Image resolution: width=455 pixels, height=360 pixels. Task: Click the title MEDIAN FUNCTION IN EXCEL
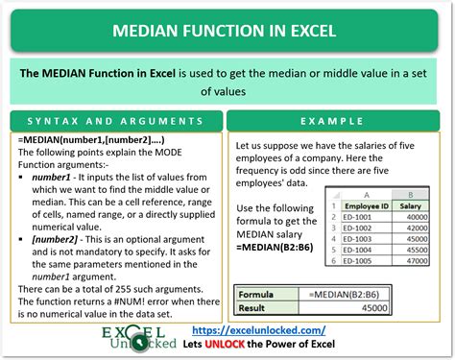[x=227, y=31]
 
